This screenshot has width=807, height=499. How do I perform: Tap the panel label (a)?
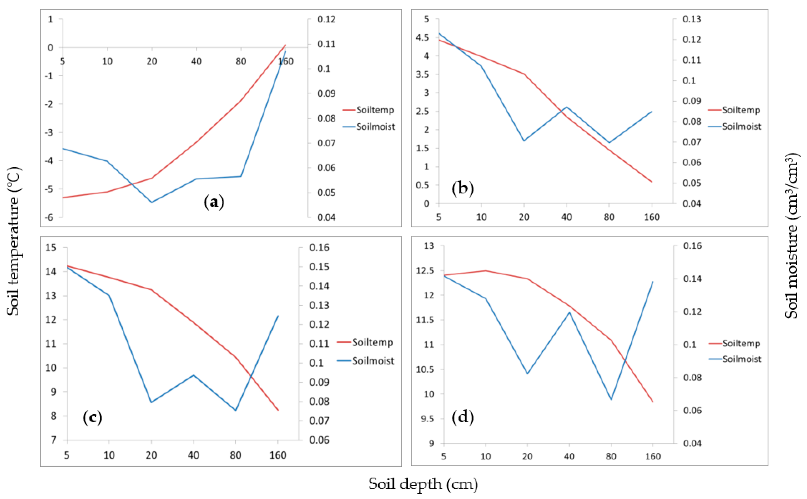pos(214,202)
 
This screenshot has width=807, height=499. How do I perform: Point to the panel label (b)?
pos(463,188)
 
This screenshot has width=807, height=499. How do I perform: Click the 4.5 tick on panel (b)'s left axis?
pos(423,38)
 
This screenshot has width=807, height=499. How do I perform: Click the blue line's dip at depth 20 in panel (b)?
pos(524,141)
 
